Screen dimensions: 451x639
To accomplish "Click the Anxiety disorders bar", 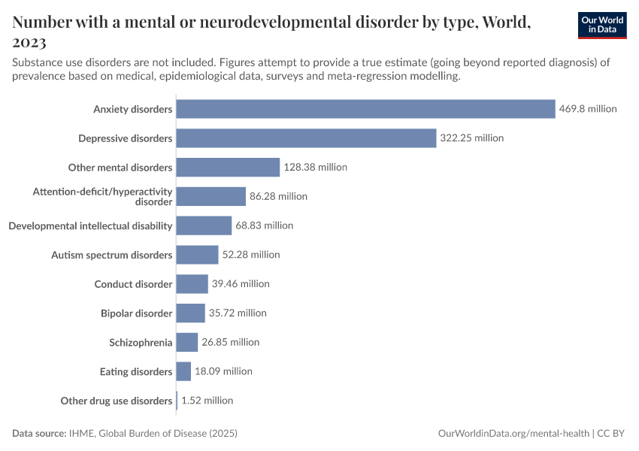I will tap(365, 109).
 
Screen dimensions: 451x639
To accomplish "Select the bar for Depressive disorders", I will tap(306, 138).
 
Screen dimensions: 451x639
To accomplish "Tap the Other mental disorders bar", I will tap(228, 167).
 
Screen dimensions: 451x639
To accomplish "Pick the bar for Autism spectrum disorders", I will tap(197, 255).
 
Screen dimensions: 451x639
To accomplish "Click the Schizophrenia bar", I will tap(187, 343).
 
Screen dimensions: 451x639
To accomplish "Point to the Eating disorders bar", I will tap(183, 371).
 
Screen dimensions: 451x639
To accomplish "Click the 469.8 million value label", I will tap(588, 109).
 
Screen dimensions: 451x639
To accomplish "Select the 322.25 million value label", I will tap(471, 138).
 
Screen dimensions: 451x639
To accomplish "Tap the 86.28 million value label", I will tap(278, 196).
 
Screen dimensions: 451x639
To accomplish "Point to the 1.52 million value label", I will tap(207, 401).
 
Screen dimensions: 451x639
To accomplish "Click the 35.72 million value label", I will tap(238, 313).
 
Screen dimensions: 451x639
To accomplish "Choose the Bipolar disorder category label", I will tap(136, 313).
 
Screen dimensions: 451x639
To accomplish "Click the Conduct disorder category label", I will tap(133, 284).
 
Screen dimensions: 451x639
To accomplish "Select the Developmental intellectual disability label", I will tap(90, 225).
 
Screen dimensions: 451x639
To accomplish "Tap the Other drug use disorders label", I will tap(116, 401).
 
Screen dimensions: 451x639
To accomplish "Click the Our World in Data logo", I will tap(602, 25).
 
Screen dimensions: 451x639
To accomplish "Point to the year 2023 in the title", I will tap(29, 43).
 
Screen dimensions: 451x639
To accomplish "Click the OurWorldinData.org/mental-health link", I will tap(513, 434).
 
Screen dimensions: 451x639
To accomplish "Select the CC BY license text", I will tap(613, 434).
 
